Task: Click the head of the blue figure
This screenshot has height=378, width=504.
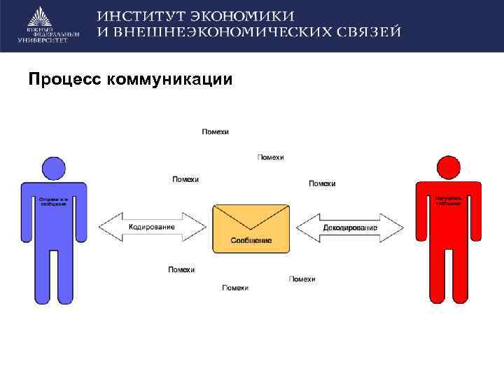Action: [54, 168]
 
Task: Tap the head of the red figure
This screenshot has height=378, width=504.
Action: [449, 169]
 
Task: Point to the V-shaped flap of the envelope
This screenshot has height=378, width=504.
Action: [251, 218]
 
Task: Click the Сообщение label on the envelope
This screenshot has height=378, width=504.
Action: [251, 241]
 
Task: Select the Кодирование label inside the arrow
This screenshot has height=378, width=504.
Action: [153, 227]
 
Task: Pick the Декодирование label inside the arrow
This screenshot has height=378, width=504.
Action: [350, 227]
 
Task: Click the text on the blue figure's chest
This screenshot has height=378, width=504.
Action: [53, 201]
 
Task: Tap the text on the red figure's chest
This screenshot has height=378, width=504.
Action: [449, 201]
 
